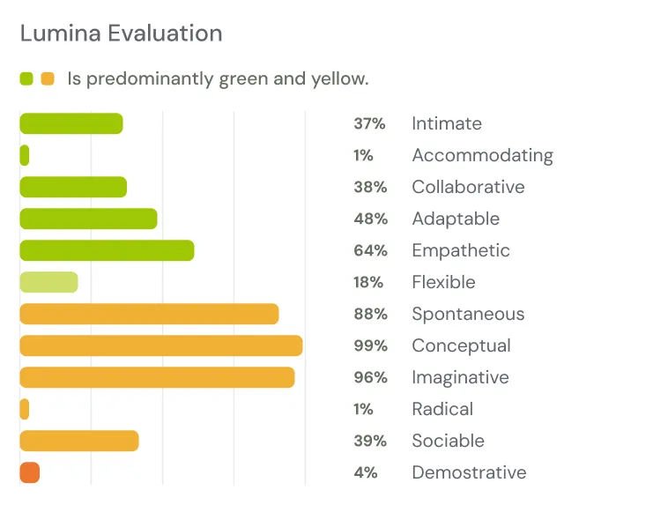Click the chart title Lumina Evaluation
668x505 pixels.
[121, 33]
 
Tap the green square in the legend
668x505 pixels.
[26, 78]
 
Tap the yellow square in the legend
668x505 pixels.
[48, 78]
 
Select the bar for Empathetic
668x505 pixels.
[107, 250]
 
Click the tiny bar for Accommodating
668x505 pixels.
[25, 155]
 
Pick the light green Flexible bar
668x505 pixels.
[48, 282]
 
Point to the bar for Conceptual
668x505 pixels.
[161, 345]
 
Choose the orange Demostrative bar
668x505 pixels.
[29, 472]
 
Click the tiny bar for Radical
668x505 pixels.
[25, 409]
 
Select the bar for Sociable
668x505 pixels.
[79, 441]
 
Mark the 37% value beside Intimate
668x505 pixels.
[369, 123]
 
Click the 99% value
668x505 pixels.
[370, 345]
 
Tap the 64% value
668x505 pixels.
[370, 250]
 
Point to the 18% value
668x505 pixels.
[368, 282]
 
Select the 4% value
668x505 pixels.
[365, 472]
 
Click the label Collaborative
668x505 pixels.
[468, 187]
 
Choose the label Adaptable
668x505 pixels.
[456, 219]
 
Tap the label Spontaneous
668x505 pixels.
[468, 314]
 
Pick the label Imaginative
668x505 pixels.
[460, 377]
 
